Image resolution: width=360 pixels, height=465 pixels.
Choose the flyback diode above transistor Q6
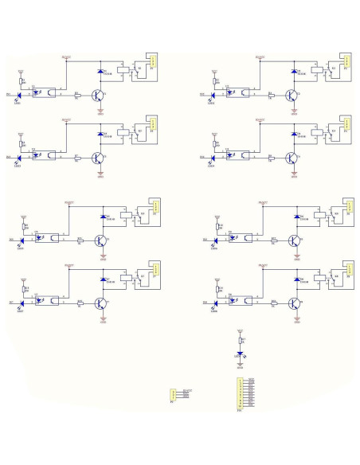tap(296, 217)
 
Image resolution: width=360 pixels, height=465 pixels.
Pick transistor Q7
tap(100, 303)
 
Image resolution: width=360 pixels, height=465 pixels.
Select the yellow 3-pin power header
tap(173, 393)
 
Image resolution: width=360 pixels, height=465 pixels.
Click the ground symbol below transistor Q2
tap(294, 111)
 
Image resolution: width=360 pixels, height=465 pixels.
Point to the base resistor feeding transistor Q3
tap(76, 158)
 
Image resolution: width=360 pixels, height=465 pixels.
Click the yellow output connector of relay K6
tap(347, 205)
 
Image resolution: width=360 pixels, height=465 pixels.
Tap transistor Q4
tap(293, 158)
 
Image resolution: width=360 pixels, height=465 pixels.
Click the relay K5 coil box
tap(123, 215)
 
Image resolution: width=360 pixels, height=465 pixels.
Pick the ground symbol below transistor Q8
tap(295, 321)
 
